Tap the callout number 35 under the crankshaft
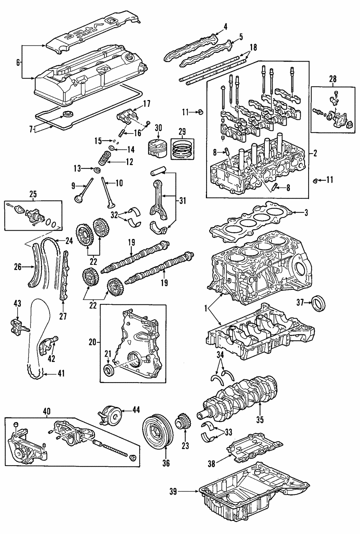pos(260,419)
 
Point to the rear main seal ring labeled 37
pos(319,303)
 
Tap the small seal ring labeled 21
pos(109,370)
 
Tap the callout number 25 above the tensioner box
pos(33,194)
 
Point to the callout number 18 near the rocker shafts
pos(253,47)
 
